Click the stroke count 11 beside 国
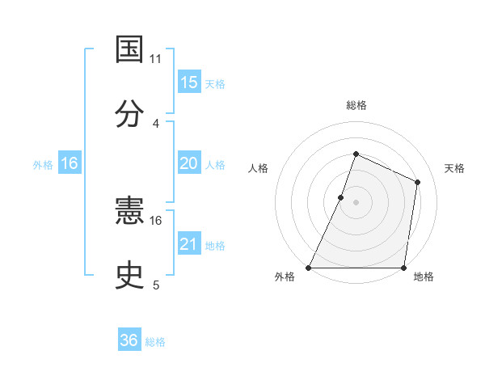coord(156,59)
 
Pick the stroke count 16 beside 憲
coord(156,220)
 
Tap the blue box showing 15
coord(189,82)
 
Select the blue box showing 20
coord(189,163)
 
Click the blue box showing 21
coord(189,244)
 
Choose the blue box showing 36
coord(129,340)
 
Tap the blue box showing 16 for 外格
coord(70,163)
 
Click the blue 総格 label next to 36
coord(155,342)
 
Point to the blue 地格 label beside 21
coord(215,246)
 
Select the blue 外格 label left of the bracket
coord(43,165)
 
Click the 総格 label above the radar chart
coord(356,105)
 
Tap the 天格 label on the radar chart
coord(454,168)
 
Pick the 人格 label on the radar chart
coord(259,168)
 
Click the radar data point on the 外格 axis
coord(309,268)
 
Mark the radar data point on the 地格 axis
coord(404,268)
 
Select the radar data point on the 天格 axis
coord(418,182)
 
